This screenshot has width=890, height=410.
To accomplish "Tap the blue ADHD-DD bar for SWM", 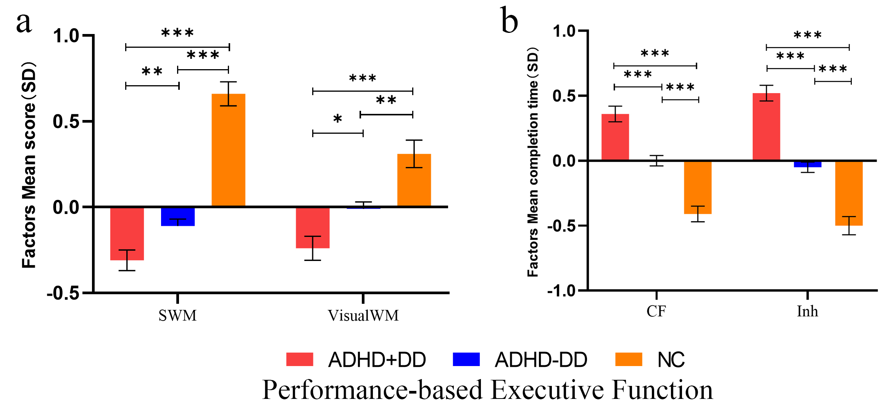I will [x=178, y=217].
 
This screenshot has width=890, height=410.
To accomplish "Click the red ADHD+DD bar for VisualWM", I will [x=313, y=228].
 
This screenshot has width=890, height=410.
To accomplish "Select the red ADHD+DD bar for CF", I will [x=615, y=137].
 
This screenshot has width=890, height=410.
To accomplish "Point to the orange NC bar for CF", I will [x=698, y=187].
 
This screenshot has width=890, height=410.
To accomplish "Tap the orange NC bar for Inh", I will [x=849, y=193].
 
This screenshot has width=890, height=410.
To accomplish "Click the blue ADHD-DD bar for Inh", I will [x=808, y=164].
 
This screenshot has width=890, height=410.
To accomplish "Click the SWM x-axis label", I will [x=178, y=316].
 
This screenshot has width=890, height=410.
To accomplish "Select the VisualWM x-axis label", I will [x=363, y=316].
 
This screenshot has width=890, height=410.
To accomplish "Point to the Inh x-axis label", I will [x=808, y=311].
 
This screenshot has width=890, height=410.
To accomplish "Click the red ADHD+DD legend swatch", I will [x=300, y=360].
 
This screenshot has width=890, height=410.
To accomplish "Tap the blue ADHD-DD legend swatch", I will [x=466, y=360].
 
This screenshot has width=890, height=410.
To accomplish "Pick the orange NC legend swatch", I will [x=629, y=360].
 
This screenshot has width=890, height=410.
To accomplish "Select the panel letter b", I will [x=509, y=21].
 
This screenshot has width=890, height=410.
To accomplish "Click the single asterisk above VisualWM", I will [x=337, y=119].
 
